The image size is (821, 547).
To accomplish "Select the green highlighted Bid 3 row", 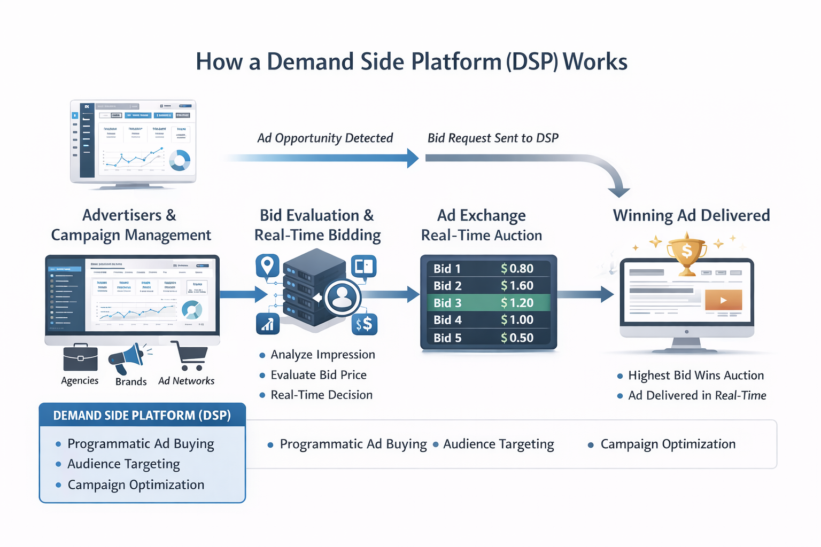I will click(488, 303).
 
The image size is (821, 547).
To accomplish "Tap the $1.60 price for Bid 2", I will click(517, 286).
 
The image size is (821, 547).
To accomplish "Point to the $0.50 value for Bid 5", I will click(517, 338).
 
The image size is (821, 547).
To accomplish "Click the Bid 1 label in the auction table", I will click(447, 269).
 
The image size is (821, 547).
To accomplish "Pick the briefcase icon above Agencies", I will click(80, 358).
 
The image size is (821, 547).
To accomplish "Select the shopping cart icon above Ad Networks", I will click(190, 356).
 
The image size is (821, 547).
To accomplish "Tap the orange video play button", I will click(723, 300).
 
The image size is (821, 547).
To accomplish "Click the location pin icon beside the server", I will click(267, 265).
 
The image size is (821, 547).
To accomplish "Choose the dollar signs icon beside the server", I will click(365, 324).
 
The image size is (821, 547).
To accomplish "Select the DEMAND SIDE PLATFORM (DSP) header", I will click(142, 416).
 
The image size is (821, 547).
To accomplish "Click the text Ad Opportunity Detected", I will click(325, 138).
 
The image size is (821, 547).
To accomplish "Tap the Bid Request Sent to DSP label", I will click(493, 138).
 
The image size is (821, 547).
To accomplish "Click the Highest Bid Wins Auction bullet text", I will click(695, 376).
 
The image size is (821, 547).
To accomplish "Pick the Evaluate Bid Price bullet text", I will click(319, 375).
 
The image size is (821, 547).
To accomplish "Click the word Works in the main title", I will click(595, 62).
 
